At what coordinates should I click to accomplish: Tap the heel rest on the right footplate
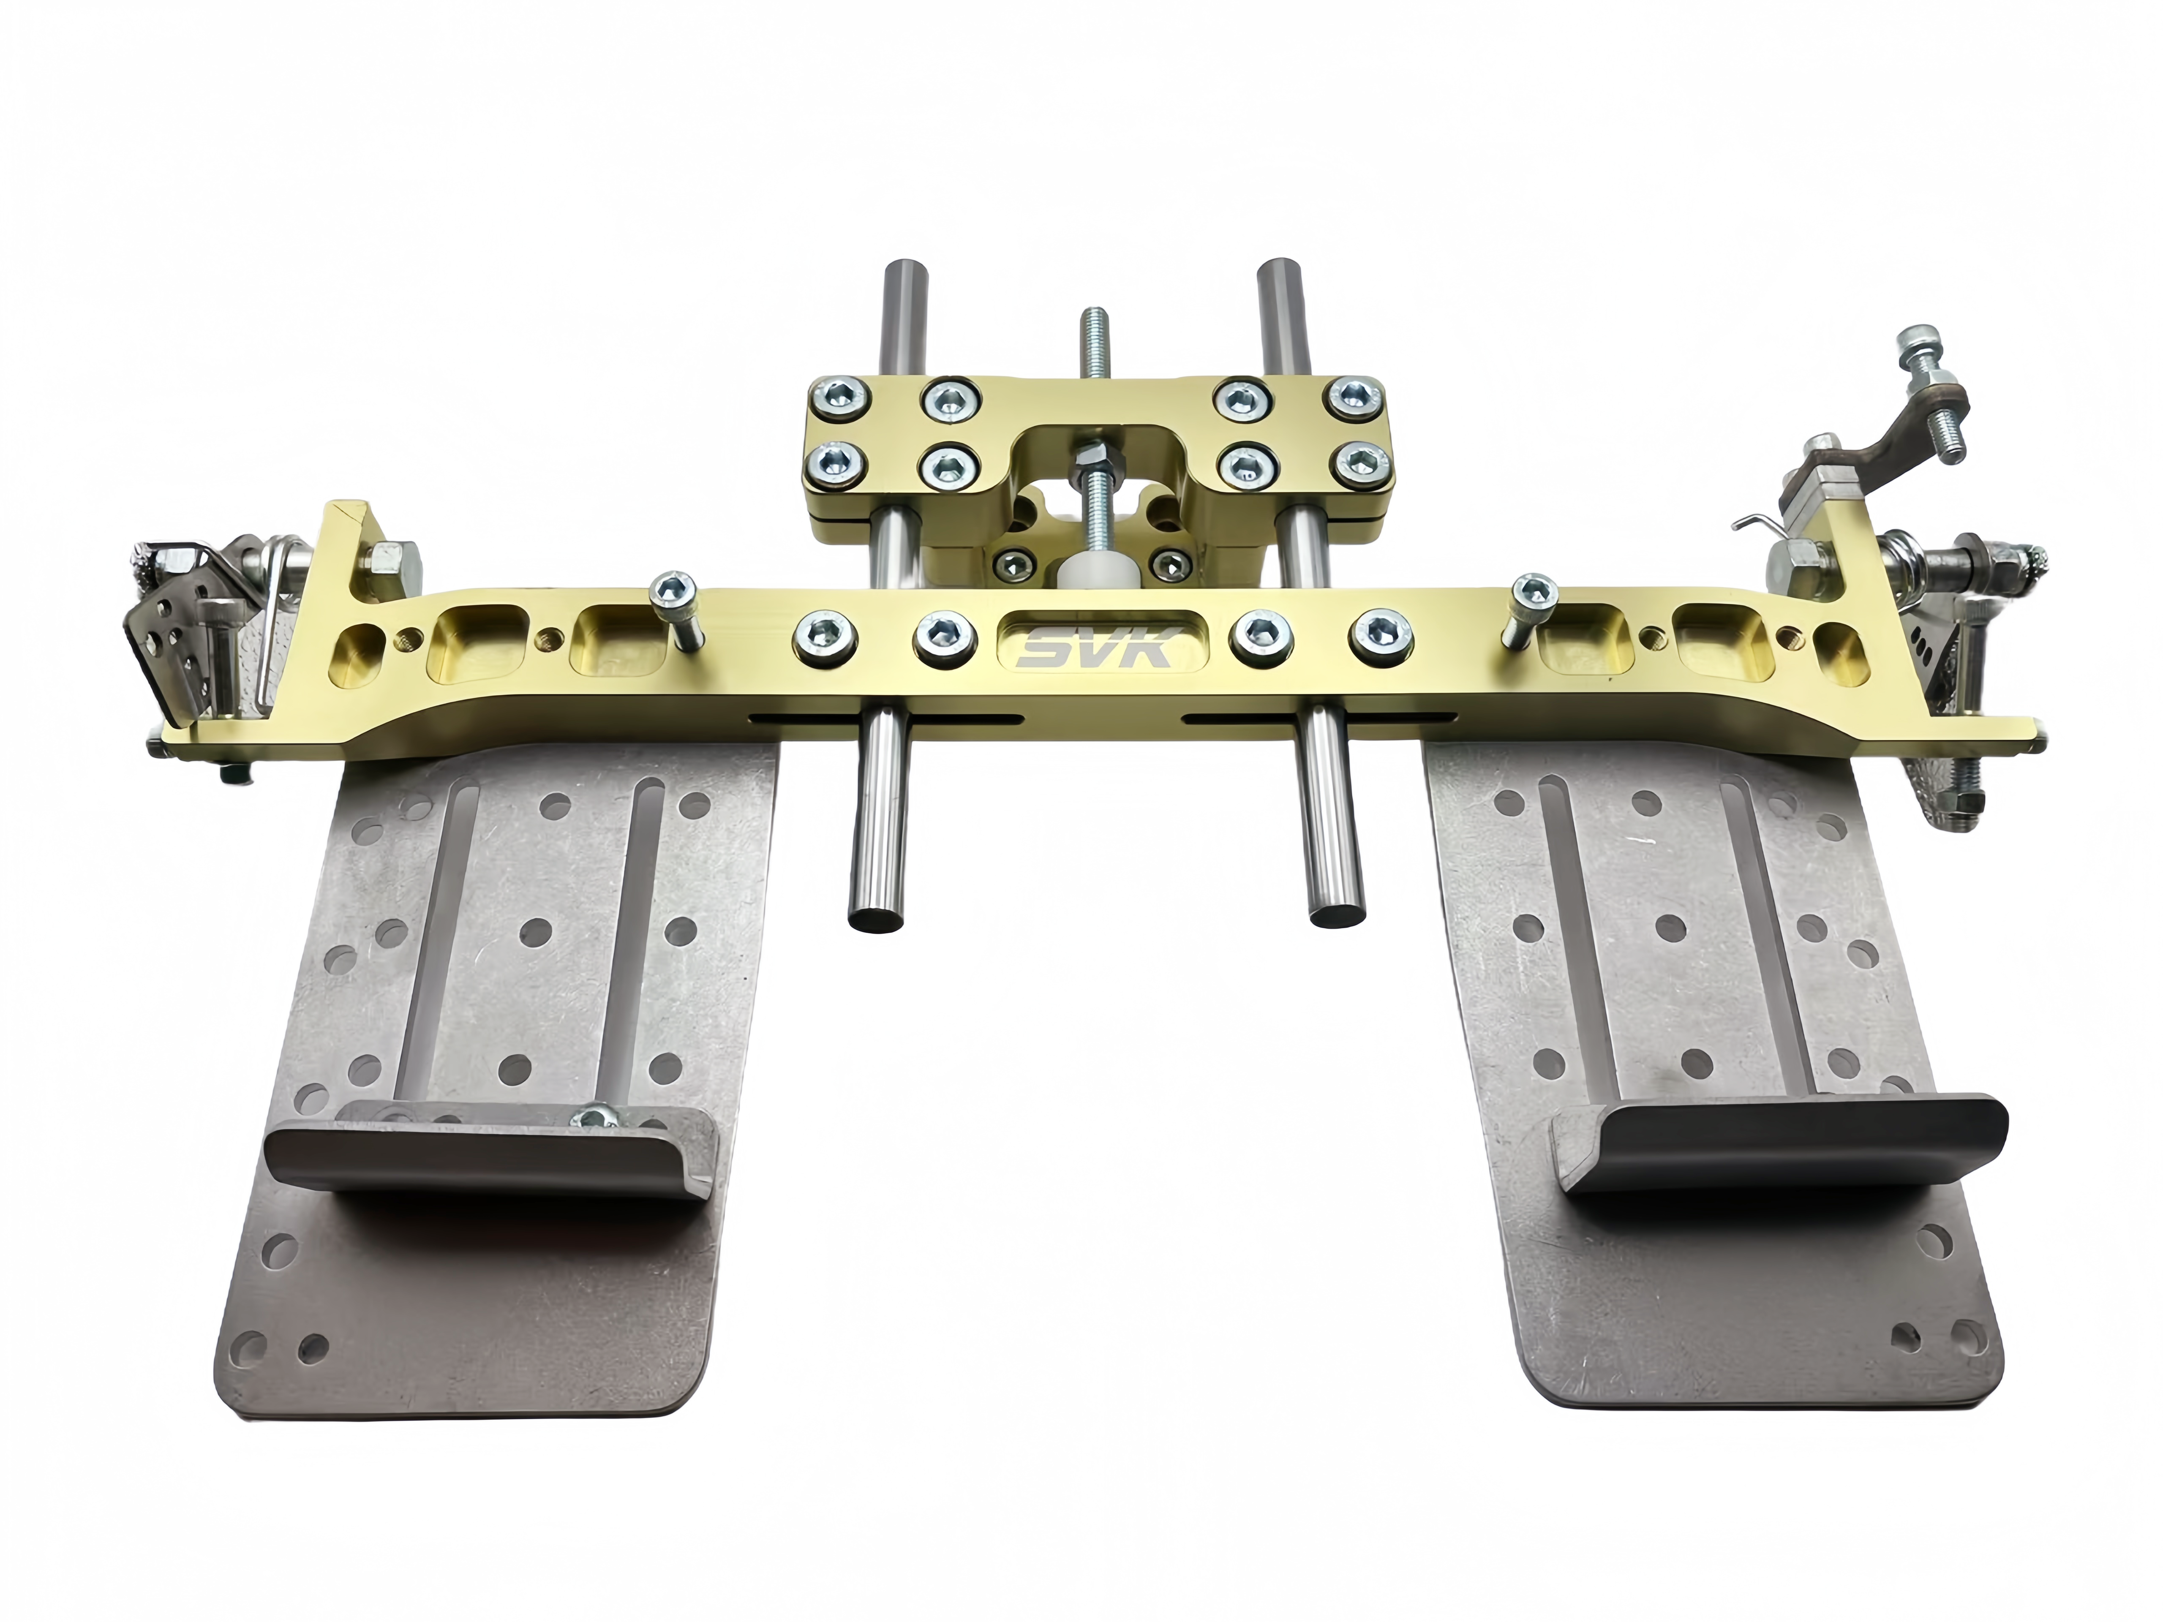point(1780,1144)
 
